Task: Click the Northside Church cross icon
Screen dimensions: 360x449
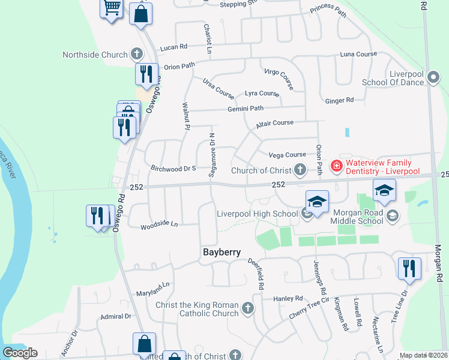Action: [137, 55]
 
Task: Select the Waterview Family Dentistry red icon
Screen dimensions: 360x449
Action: [337, 166]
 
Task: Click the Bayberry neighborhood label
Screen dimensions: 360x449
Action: [220, 253]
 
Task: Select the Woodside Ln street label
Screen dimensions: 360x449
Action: [159, 226]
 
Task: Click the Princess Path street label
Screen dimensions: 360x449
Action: [328, 10]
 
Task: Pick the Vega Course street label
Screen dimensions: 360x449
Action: [287, 155]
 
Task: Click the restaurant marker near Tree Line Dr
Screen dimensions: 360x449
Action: [409, 268]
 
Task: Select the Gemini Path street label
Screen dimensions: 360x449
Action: [245, 109]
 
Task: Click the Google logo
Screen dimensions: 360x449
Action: [20, 353]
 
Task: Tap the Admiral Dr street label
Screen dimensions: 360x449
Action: [116, 316]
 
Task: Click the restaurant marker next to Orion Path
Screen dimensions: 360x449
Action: [146, 74]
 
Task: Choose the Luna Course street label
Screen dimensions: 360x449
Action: [358, 54]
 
